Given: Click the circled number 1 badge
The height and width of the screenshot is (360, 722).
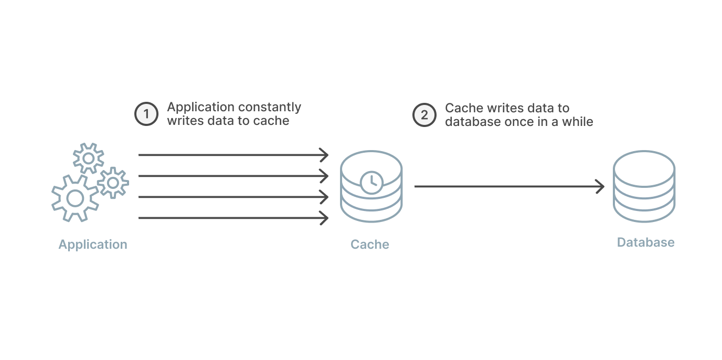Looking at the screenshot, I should coord(146,114).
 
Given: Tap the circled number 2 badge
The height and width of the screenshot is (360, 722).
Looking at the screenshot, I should coord(424,115).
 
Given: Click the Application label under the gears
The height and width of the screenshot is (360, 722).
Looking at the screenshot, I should coord(93,245).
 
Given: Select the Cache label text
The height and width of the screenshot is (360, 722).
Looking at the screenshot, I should coord(370,245).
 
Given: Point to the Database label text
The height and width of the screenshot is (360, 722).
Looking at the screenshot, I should coord(645,242).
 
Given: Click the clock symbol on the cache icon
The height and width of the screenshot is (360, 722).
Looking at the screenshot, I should coord(371,182).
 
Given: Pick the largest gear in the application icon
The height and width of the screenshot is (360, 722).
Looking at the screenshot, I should coord(75,198).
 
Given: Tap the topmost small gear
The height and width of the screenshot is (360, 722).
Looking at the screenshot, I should coord(88,158).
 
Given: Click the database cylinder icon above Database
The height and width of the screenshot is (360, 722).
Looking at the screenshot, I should coord(644,186).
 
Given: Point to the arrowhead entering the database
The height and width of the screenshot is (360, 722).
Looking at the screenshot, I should coord(600,186).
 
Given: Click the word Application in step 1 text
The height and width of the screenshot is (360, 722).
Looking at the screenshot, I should coord(201,108).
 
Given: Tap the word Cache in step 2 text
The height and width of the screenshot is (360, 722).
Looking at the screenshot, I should coord(463,108).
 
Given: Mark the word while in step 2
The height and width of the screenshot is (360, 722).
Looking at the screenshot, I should coord(577,122).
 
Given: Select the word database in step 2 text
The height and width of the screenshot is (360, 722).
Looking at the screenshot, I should coord(471,122).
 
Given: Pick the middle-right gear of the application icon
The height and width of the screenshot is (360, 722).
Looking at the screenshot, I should coord(113,183).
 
